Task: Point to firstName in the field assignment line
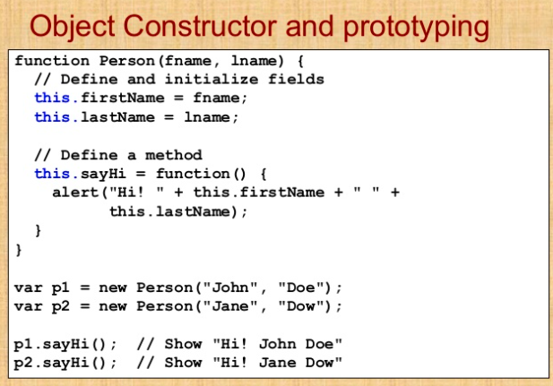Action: tap(108, 98)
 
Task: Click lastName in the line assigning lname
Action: tap(104, 116)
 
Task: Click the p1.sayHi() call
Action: tap(66, 344)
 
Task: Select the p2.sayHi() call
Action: tap(66, 363)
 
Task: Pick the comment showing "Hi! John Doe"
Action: tap(241, 344)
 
